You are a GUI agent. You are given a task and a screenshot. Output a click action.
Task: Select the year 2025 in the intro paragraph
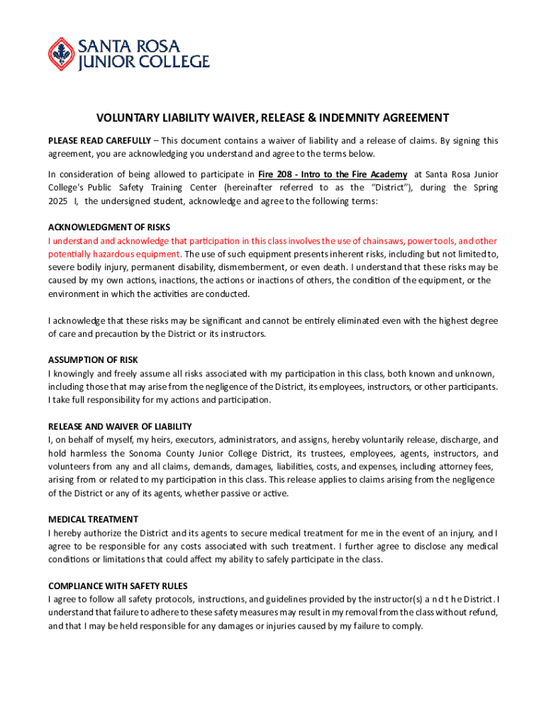(58, 201)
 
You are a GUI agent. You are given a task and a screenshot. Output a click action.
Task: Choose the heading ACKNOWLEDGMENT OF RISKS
(109, 228)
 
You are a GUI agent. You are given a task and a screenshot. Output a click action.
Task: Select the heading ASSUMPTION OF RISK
(92, 359)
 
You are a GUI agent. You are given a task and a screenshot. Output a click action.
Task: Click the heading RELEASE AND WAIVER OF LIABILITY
(120, 426)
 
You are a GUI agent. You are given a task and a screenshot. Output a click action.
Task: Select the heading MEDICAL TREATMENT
(93, 519)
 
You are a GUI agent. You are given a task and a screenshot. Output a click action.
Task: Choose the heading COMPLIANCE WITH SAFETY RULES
(118, 586)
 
